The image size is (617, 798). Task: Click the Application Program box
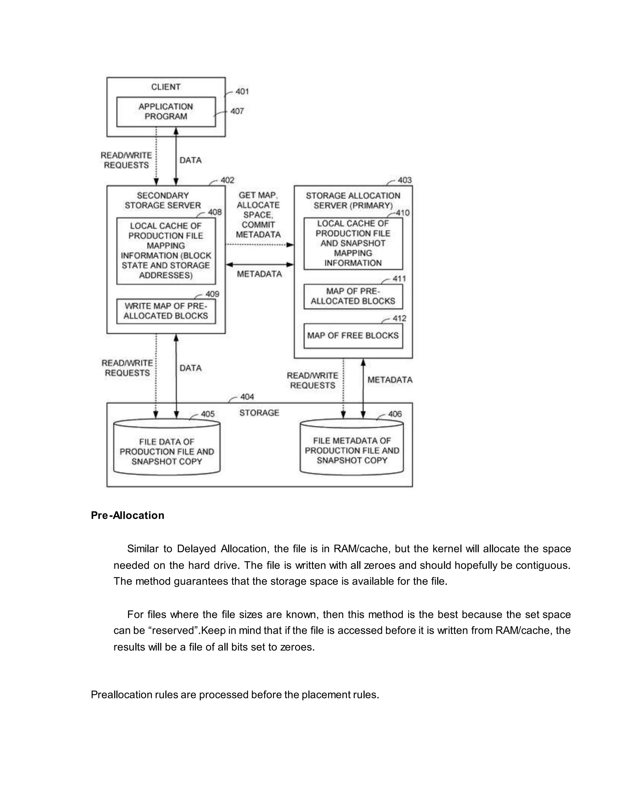[x=166, y=111]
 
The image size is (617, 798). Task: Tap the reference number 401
[x=242, y=91]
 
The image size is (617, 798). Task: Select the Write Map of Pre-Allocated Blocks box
[x=166, y=311]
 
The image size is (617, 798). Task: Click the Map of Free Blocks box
[x=353, y=335]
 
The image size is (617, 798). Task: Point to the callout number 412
[x=399, y=318]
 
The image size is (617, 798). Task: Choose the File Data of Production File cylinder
[x=167, y=451]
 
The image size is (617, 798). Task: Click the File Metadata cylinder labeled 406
[x=352, y=450]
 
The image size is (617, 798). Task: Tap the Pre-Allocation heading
[x=127, y=515]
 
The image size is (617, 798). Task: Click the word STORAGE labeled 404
[x=259, y=413]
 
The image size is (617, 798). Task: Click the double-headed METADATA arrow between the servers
[x=259, y=264]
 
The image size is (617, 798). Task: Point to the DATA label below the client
[x=190, y=160]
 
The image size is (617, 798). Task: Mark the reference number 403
[x=405, y=180]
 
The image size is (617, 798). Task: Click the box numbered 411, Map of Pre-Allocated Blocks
[x=353, y=296]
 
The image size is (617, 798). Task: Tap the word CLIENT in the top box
[x=166, y=87]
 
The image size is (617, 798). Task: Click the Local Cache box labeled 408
[x=166, y=251]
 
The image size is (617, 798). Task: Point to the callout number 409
[x=212, y=294]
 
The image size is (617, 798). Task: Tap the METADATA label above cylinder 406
[x=390, y=380]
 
